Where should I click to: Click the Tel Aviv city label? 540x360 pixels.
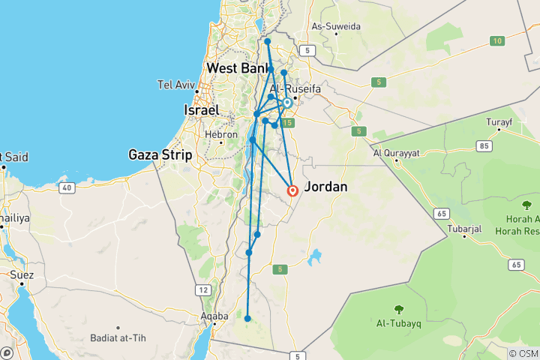pyautogui.click(x=174, y=84)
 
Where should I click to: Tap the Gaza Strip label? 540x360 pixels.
pyautogui.click(x=160, y=154)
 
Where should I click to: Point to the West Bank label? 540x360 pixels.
pyautogui.click(x=238, y=68)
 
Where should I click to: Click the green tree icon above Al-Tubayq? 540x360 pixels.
pyautogui.click(x=397, y=309)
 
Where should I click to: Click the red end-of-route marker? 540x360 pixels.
pyautogui.click(x=292, y=190)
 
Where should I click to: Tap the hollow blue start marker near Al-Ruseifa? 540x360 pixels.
pyautogui.click(x=286, y=103)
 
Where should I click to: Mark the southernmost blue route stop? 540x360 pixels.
pyautogui.click(x=247, y=319)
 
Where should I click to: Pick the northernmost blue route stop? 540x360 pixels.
pyautogui.click(x=267, y=42)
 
